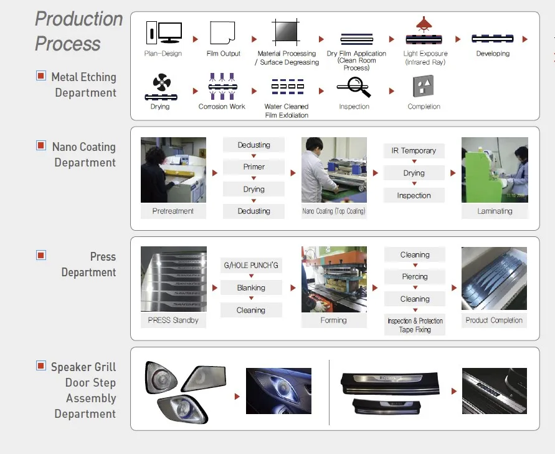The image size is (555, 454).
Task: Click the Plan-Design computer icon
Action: [x=163, y=32]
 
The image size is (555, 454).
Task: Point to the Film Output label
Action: [x=223, y=54]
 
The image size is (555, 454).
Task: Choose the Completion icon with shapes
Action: [x=424, y=86]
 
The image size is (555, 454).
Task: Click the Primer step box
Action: [x=254, y=167]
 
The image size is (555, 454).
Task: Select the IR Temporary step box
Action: [x=414, y=151]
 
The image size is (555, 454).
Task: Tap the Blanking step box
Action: [x=251, y=288]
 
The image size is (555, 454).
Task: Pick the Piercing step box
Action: [x=415, y=277]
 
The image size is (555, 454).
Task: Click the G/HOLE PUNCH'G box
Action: [x=251, y=266]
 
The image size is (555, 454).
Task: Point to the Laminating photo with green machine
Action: [x=495, y=170]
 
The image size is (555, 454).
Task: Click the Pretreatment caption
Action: [x=173, y=211]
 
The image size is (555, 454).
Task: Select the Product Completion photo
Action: [x=494, y=279]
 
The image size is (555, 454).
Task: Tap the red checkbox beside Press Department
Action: [x=41, y=255]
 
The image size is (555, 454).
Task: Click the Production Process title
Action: [x=78, y=31]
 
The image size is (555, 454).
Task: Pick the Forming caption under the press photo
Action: [x=333, y=321]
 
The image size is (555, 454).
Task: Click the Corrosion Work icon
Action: [x=222, y=86]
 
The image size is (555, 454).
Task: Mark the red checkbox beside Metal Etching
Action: [x=41, y=76]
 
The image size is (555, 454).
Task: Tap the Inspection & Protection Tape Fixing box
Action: [x=415, y=325]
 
